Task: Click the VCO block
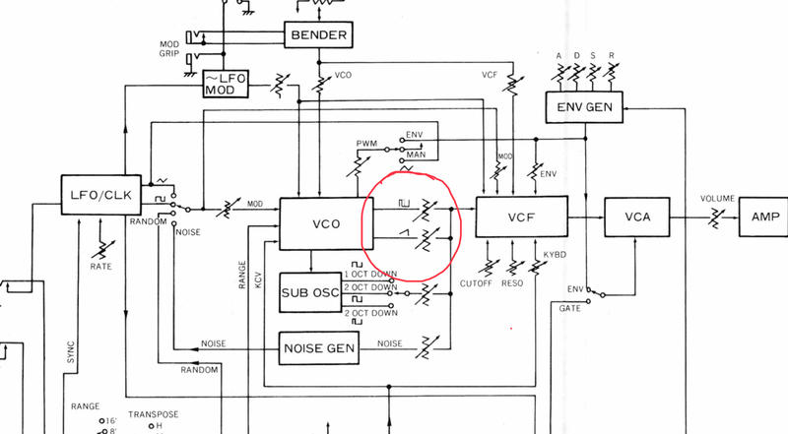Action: [326, 223]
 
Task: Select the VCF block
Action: [522, 217]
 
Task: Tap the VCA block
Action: [636, 217]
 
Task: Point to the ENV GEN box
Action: [584, 107]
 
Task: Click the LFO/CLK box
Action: [101, 195]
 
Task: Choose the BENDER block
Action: [318, 34]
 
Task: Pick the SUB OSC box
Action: [310, 293]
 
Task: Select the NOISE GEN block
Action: [318, 348]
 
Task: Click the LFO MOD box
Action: [226, 84]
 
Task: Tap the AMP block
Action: [764, 217]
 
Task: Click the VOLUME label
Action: [717, 199]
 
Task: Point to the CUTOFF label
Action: [476, 283]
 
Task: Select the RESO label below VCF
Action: [512, 283]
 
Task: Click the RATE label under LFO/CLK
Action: [101, 267]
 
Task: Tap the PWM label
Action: [366, 144]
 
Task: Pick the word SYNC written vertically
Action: [70, 351]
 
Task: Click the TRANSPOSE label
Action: [154, 414]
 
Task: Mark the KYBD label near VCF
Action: [555, 255]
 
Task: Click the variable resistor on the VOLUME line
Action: [716, 218]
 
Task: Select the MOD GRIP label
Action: [169, 49]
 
